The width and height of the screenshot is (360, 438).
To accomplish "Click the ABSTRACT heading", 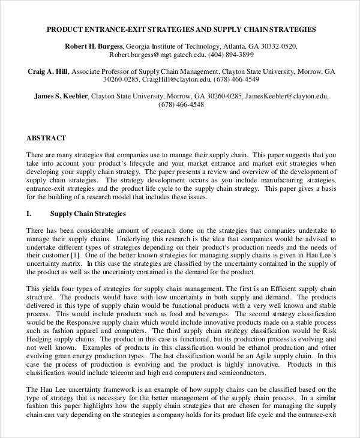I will (x=46, y=138).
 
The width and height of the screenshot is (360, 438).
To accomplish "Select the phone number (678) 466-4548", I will (x=181, y=104).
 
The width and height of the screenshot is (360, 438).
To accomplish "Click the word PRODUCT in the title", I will (x=64, y=29).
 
